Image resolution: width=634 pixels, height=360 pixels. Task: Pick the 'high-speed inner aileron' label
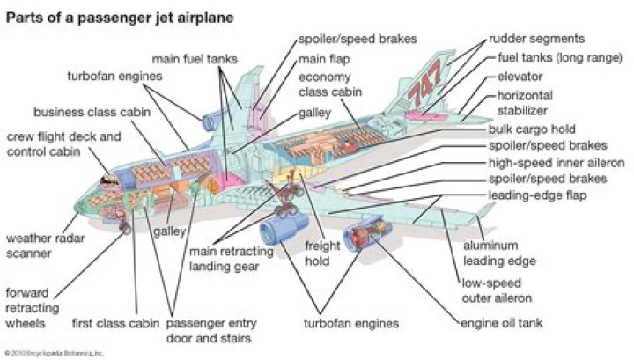click(556, 163)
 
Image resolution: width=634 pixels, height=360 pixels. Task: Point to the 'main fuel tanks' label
click(188, 59)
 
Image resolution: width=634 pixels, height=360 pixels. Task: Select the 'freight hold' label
click(322, 253)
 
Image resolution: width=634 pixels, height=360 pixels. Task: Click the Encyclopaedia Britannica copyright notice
click(55, 352)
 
